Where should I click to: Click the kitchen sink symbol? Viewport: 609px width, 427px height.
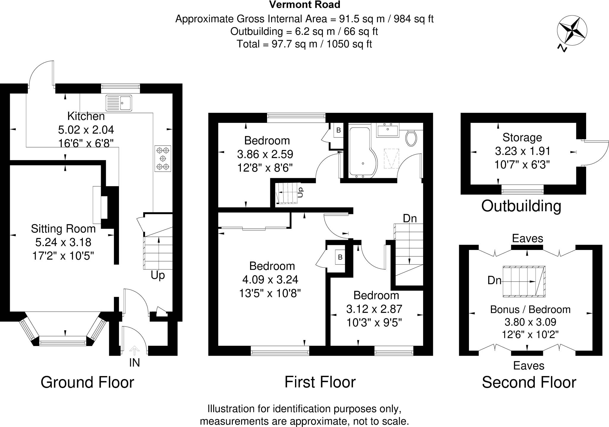[x=119, y=103]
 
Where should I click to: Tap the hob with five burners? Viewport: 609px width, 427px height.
[x=163, y=158]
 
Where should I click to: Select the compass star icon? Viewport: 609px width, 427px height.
[x=572, y=31]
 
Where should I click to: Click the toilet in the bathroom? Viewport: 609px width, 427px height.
[x=411, y=137]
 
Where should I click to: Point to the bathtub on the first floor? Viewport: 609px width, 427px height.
[x=362, y=152]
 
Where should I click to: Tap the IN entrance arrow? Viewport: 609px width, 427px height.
[x=134, y=351]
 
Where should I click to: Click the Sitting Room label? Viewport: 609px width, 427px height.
[x=63, y=229]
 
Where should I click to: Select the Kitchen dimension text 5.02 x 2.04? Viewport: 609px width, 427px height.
[x=86, y=130]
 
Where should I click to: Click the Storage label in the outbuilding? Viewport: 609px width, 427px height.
[x=522, y=137]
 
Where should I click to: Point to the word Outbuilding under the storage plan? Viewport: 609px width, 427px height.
[x=521, y=206]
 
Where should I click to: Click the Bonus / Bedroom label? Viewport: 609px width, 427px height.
[x=530, y=309]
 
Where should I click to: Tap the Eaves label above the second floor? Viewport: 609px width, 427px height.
[x=528, y=238]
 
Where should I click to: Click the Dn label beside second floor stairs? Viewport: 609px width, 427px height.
[x=494, y=280]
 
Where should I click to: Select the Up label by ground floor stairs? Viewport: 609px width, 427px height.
[x=158, y=276]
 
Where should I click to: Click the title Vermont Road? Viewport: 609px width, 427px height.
[x=304, y=5]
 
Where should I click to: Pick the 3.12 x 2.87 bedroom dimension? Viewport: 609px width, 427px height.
[x=374, y=309]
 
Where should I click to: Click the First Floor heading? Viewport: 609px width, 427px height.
[x=320, y=382]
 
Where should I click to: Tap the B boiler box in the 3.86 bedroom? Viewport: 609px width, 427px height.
[x=338, y=130]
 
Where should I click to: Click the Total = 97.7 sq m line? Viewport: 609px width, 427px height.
[x=304, y=44]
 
